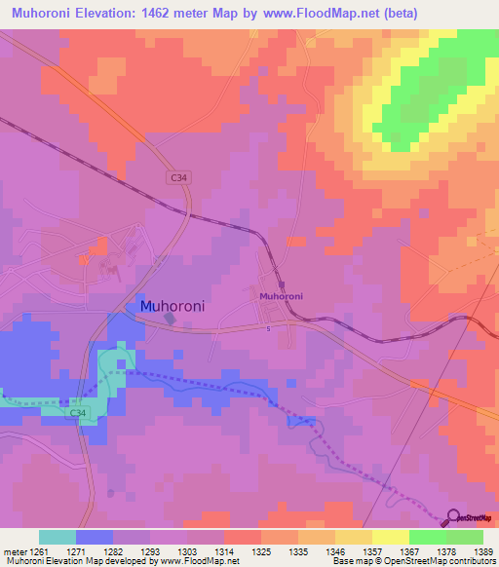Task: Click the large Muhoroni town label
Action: click(173, 305)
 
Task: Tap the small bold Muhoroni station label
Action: click(281, 295)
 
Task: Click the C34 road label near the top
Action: click(176, 177)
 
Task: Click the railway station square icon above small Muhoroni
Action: click(280, 285)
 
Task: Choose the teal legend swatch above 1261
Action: click(58, 537)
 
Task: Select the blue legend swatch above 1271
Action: click(95, 537)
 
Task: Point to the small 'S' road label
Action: click(268, 328)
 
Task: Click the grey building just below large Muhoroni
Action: click(170, 319)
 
